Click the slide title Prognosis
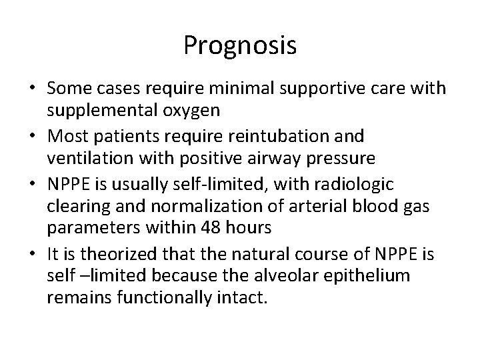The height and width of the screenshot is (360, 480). pyautogui.click(x=240, y=46)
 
